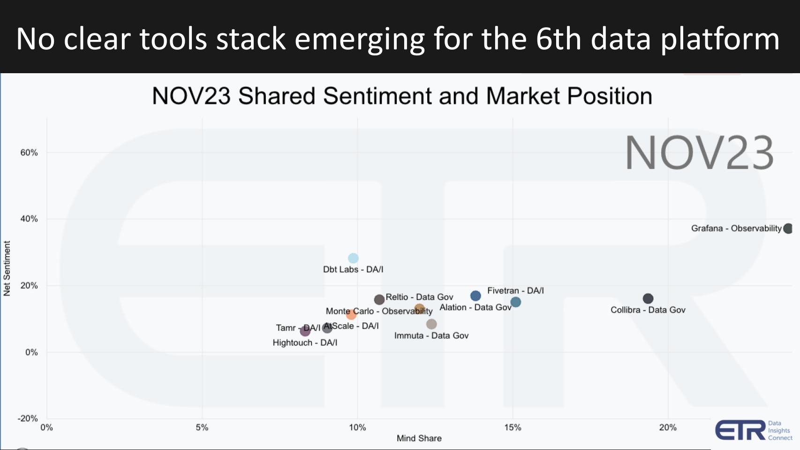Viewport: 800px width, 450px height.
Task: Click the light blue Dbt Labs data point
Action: [353, 258]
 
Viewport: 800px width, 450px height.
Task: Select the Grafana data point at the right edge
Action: [788, 229]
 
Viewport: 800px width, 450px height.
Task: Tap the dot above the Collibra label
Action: [648, 298]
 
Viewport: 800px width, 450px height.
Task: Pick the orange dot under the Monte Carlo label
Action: [351, 314]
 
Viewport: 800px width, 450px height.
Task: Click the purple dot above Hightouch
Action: [305, 331]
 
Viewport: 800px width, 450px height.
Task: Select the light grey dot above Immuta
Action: [431, 324]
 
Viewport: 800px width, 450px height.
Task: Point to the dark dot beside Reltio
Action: [379, 299]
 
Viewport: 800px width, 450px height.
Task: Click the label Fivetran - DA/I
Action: [515, 290]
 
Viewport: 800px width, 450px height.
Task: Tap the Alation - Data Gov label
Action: [475, 307]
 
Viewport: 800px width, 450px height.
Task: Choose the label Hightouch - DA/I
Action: [305, 343]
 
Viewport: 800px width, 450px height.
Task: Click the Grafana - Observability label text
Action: [736, 229]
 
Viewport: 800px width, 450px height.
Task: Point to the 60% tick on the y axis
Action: [29, 153]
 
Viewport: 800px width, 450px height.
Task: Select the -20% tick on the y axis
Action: [27, 418]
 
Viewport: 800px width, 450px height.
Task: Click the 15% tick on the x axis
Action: [513, 427]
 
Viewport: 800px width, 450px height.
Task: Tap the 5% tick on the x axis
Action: [202, 427]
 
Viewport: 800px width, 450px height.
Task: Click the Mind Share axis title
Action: [419, 438]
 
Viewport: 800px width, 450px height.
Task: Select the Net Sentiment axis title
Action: [7, 268]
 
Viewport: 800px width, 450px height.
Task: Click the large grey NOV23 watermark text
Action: [699, 153]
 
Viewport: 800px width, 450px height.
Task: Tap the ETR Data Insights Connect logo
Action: [753, 430]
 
